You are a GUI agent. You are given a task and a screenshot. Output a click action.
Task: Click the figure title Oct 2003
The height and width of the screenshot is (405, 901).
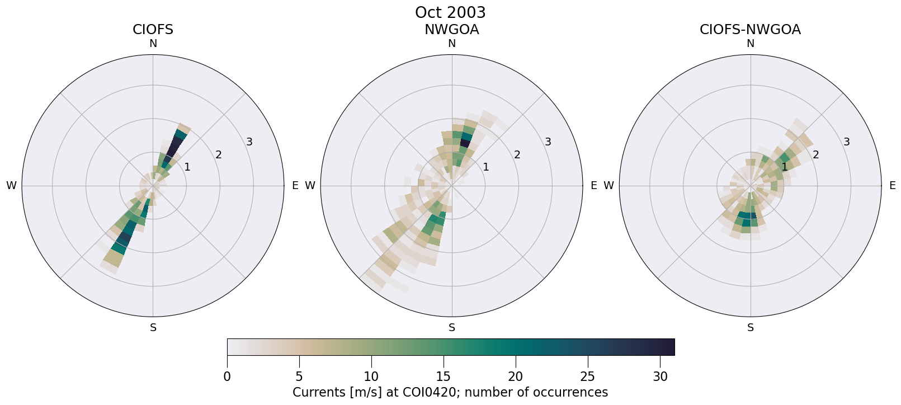pos(450,12)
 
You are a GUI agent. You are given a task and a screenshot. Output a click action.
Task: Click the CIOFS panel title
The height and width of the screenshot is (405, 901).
pos(153,30)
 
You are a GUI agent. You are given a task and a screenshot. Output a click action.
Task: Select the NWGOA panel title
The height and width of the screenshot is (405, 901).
pos(451,30)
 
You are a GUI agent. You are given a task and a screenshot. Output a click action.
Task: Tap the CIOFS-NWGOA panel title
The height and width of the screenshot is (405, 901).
pos(750,30)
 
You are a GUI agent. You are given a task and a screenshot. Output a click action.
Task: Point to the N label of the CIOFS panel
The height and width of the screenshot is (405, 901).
pos(153,44)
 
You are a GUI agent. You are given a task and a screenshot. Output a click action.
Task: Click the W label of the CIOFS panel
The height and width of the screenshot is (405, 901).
pos(11,186)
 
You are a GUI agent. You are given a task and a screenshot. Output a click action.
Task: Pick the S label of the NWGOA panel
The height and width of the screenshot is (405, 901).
pos(451,328)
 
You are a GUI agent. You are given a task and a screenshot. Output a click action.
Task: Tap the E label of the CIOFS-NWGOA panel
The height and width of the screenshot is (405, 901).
pos(892,186)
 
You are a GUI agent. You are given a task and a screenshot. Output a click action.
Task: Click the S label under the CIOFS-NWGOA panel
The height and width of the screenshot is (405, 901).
pos(750,328)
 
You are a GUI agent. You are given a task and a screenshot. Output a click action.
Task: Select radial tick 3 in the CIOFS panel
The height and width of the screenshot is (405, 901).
pos(249,142)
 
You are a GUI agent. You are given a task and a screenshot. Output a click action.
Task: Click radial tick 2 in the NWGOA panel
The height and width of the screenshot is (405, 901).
pos(517,154)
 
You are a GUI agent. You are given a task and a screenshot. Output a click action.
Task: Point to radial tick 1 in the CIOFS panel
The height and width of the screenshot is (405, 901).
pos(187,167)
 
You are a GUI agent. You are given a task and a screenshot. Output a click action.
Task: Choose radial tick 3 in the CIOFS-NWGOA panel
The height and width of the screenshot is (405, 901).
pos(847,142)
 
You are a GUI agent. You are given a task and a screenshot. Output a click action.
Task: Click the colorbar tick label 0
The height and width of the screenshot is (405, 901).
pos(227,376)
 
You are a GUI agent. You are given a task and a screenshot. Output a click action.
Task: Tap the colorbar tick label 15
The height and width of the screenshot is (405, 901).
pos(444,376)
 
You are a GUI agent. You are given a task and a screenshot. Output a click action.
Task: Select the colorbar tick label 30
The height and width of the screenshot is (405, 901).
pos(660,376)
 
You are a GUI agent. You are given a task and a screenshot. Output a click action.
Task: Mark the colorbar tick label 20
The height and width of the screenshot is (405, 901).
pos(516,376)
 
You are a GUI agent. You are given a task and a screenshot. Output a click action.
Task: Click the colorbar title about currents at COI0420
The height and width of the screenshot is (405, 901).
pos(450,392)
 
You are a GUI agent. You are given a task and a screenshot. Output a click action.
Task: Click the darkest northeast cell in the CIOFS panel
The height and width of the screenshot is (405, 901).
pos(175,147)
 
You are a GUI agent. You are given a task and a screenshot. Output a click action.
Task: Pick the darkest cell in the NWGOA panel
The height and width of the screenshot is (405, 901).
pos(464,144)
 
